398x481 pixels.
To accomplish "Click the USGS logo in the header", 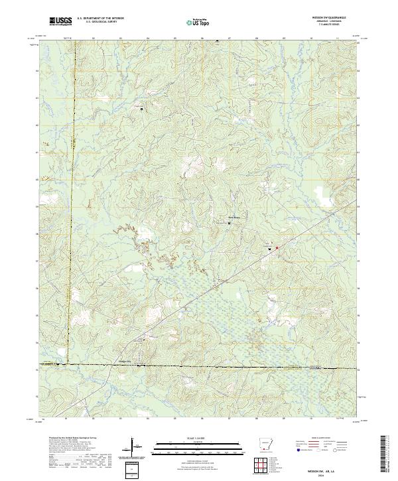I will click(x=61, y=21).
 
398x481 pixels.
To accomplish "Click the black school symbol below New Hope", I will click(x=230, y=223).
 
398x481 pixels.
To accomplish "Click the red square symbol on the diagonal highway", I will click(x=277, y=248).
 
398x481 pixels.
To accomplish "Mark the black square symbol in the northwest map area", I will click(x=141, y=109).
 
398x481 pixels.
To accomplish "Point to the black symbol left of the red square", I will click(x=269, y=248).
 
